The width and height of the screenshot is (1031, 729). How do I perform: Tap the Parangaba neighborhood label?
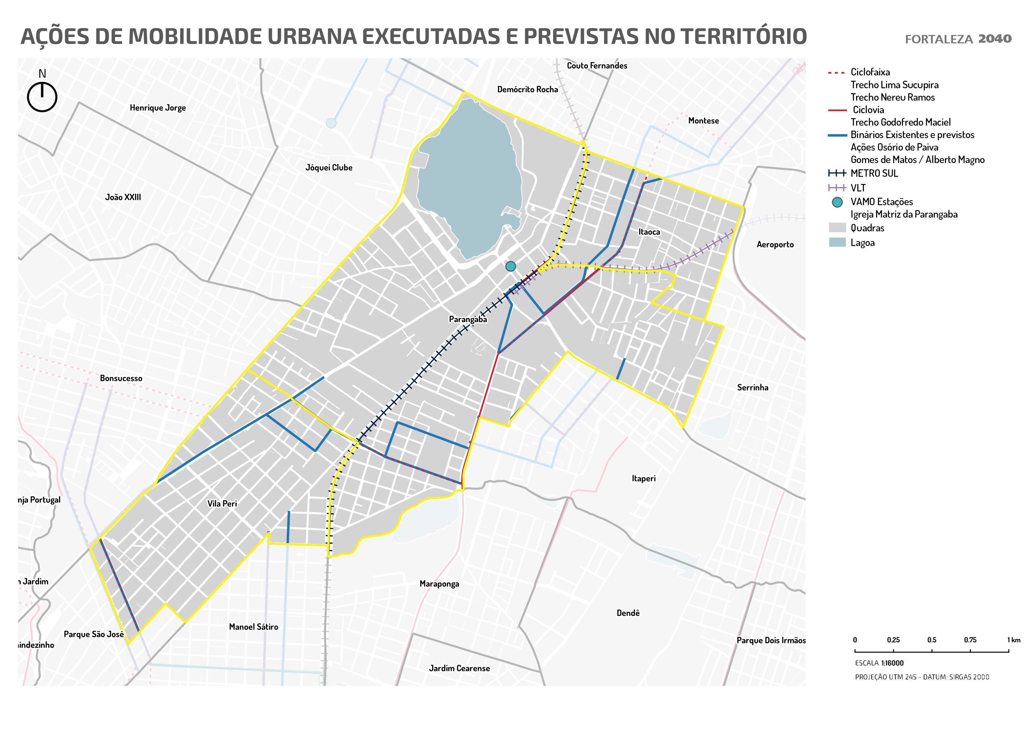pyautogui.click(x=468, y=319)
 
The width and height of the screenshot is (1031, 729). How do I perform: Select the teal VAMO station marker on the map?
pyautogui.click(x=511, y=266)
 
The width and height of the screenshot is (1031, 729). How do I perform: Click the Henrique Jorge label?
pyautogui.click(x=158, y=108)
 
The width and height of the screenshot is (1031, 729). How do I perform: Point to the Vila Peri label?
pyautogui.click(x=222, y=504)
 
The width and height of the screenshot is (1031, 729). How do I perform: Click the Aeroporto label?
pyautogui.click(x=775, y=244)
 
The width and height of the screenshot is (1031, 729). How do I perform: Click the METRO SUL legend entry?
pyautogui.click(x=874, y=173)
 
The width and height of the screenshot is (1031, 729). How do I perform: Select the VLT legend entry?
pyautogui.click(x=858, y=188)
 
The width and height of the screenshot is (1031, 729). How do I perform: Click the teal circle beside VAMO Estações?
pyautogui.click(x=837, y=202)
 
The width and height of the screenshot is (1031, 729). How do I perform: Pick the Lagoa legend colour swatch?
pyautogui.click(x=837, y=243)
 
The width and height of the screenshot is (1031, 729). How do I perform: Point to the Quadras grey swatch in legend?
pyautogui.click(x=837, y=228)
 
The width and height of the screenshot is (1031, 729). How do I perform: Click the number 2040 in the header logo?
pyautogui.click(x=995, y=39)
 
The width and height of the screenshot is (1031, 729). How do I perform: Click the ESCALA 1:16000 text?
pyautogui.click(x=879, y=663)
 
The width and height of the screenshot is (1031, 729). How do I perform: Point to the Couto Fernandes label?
pyautogui.click(x=597, y=65)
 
